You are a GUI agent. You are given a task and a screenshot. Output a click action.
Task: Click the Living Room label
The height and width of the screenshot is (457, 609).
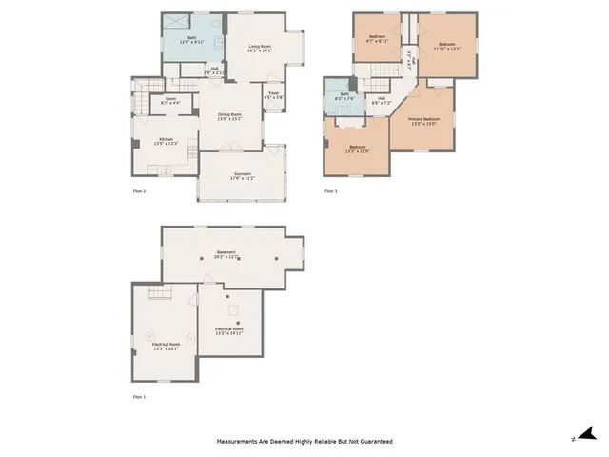pyautogui.click(x=260, y=49)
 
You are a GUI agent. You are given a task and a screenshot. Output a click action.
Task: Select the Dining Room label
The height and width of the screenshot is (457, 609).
pyautogui.click(x=230, y=116)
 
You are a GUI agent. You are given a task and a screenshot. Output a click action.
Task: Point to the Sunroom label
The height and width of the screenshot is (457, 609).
pyautogui.click(x=242, y=176)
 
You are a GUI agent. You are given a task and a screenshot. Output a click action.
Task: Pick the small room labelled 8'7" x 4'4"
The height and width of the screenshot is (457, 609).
pyautogui.click(x=170, y=100)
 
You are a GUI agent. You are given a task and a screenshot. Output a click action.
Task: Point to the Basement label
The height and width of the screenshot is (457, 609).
pyautogui.click(x=226, y=253)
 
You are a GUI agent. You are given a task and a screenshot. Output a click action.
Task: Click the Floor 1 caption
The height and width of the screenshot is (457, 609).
pyautogui.click(x=139, y=396)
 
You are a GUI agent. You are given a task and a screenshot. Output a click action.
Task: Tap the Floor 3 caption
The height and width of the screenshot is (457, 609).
pyautogui.click(x=330, y=191)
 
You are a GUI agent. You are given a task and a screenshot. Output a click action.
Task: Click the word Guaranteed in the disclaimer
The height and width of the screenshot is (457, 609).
pyautogui.click(x=372, y=442)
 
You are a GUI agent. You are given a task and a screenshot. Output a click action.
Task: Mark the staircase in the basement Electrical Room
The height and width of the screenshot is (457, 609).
pyautogui.click(x=160, y=296)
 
